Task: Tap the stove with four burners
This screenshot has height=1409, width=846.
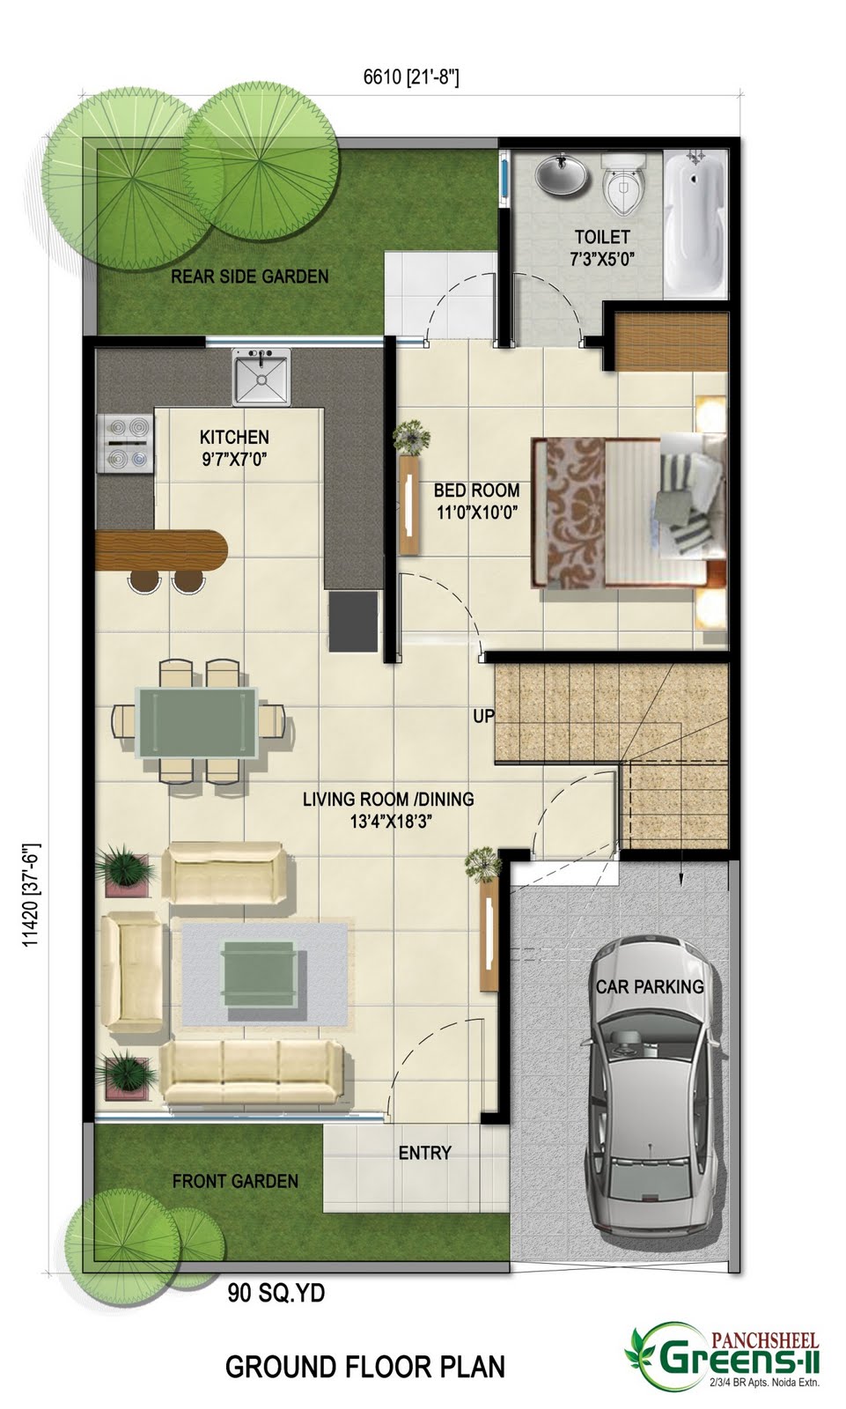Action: [126, 444]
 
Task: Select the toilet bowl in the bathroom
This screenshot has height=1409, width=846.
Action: [624, 184]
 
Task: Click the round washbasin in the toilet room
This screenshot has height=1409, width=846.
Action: [562, 173]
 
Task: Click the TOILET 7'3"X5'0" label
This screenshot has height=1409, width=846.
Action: [602, 247]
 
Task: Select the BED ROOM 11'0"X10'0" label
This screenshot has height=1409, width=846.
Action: [476, 500]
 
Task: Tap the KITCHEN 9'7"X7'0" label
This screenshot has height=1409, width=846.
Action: [234, 446]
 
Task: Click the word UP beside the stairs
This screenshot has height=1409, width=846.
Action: [483, 716]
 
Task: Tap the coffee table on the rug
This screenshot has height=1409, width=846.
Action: [258, 972]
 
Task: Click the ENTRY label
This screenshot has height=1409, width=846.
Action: [424, 1153]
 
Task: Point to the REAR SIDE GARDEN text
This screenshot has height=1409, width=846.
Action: [249, 277]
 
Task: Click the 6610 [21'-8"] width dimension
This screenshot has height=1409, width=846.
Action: [411, 77]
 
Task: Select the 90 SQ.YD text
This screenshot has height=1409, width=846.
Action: [276, 1293]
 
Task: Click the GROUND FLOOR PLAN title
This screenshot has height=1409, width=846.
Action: [365, 1367]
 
